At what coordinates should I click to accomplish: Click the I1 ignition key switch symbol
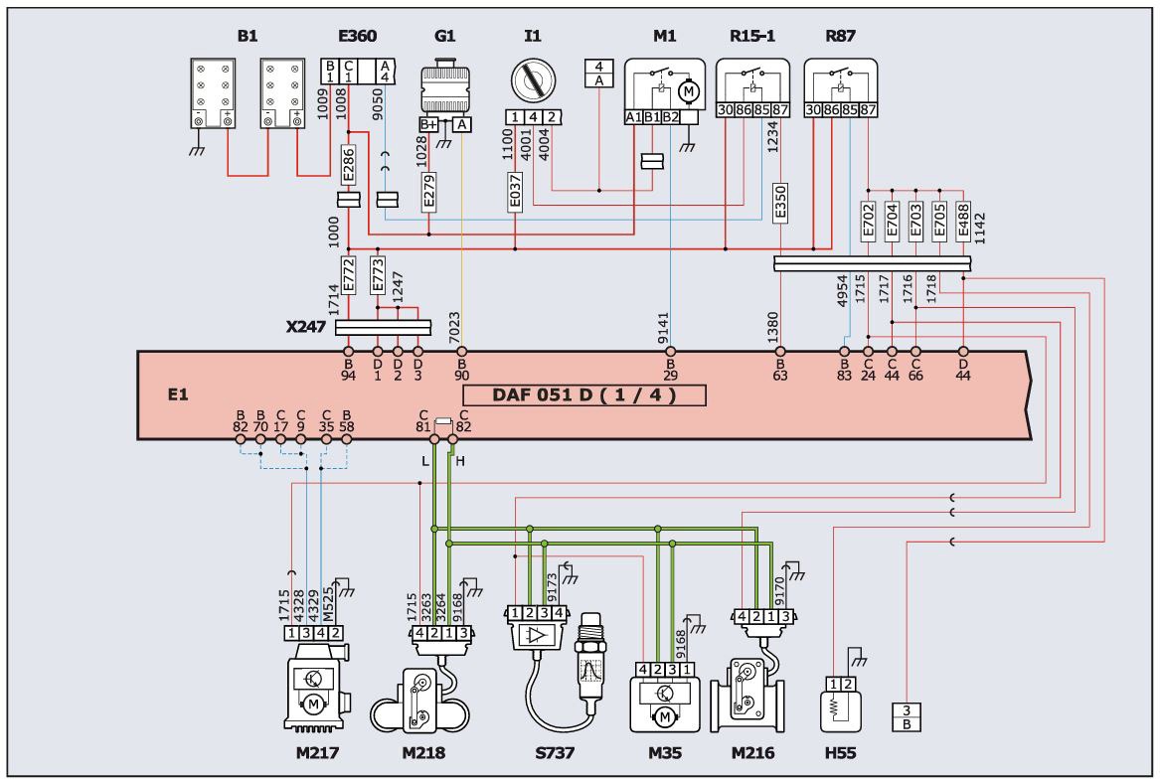pos(533,80)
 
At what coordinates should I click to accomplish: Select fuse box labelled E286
pos(349,165)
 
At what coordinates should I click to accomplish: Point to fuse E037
pos(515,192)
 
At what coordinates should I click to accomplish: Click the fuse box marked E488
pos(962,221)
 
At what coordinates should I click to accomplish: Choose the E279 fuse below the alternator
pos(428,192)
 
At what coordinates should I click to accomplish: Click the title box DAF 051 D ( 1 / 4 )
pos(584,394)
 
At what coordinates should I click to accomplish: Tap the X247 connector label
pos(305,326)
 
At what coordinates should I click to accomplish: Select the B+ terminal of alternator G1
pos(428,124)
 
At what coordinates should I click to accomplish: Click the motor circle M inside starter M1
pos(689,91)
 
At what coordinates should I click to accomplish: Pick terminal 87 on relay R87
pos(868,110)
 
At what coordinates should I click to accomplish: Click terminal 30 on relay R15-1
pos(725,110)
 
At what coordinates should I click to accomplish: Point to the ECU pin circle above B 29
pos(670,352)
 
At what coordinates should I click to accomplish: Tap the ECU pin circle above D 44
pos(963,352)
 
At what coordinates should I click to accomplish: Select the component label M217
pos(317,752)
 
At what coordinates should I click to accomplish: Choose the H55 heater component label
pos(840,752)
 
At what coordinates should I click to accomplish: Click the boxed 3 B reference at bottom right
pos(907,717)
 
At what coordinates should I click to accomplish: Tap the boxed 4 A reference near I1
pos(599,74)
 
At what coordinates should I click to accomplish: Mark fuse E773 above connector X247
pos(378,275)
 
